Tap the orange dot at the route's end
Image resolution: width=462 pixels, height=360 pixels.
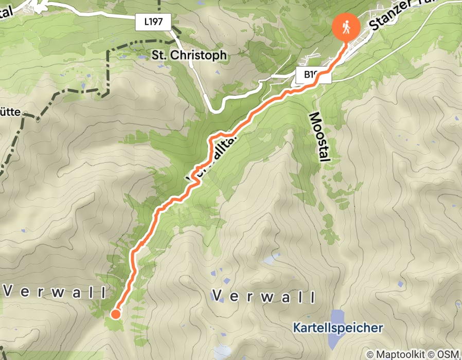click(x=116, y=314)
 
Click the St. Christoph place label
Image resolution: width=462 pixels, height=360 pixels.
click(x=189, y=55)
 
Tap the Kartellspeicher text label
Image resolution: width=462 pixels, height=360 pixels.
click(x=338, y=327)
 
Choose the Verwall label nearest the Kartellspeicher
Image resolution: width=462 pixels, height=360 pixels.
click(x=263, y=296)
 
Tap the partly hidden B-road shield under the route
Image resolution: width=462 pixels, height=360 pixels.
click(x=310, y=76)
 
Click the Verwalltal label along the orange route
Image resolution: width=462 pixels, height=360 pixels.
click(x=211, y=157)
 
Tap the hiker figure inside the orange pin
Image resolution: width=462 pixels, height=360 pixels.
click(x=346, y=26)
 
